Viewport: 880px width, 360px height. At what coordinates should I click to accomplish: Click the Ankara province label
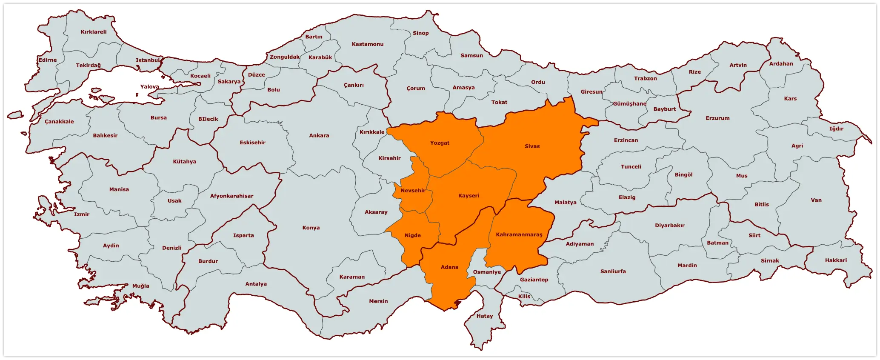coord(319,136)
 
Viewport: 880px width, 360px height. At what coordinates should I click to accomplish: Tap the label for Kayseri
coord(469,196)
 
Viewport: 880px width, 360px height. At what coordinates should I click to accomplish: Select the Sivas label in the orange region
coord(532,146)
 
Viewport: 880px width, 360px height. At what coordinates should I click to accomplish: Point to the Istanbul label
coord(148,60)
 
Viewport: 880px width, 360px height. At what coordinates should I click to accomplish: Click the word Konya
coord(311,228)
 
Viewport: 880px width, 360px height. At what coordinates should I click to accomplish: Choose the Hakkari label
coord(836,260)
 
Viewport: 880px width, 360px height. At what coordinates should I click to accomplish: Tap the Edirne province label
coord(48,60)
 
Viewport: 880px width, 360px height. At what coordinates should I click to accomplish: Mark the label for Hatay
coord(485,316)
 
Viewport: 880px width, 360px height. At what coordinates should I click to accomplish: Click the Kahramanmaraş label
coord(519,235)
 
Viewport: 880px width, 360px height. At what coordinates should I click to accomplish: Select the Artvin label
coord(738,65)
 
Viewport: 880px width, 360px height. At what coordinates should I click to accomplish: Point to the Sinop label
coord(421,33)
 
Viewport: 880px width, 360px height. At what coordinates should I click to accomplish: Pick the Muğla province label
coord(141,286)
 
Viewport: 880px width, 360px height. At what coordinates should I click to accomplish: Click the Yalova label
coord(150,87)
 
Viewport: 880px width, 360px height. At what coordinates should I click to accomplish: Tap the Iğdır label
coord(836,129)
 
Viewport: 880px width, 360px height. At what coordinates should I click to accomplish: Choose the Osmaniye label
coord(487,272)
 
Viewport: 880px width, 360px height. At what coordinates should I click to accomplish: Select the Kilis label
coord(524,297)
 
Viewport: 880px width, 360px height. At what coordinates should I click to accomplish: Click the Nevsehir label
coord(413,191)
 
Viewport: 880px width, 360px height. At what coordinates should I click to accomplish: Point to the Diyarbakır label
coord(670,226)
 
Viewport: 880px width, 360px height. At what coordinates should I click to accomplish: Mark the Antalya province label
coord(256,284)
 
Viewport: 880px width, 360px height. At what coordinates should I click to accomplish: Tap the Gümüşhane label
coord(629,104)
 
